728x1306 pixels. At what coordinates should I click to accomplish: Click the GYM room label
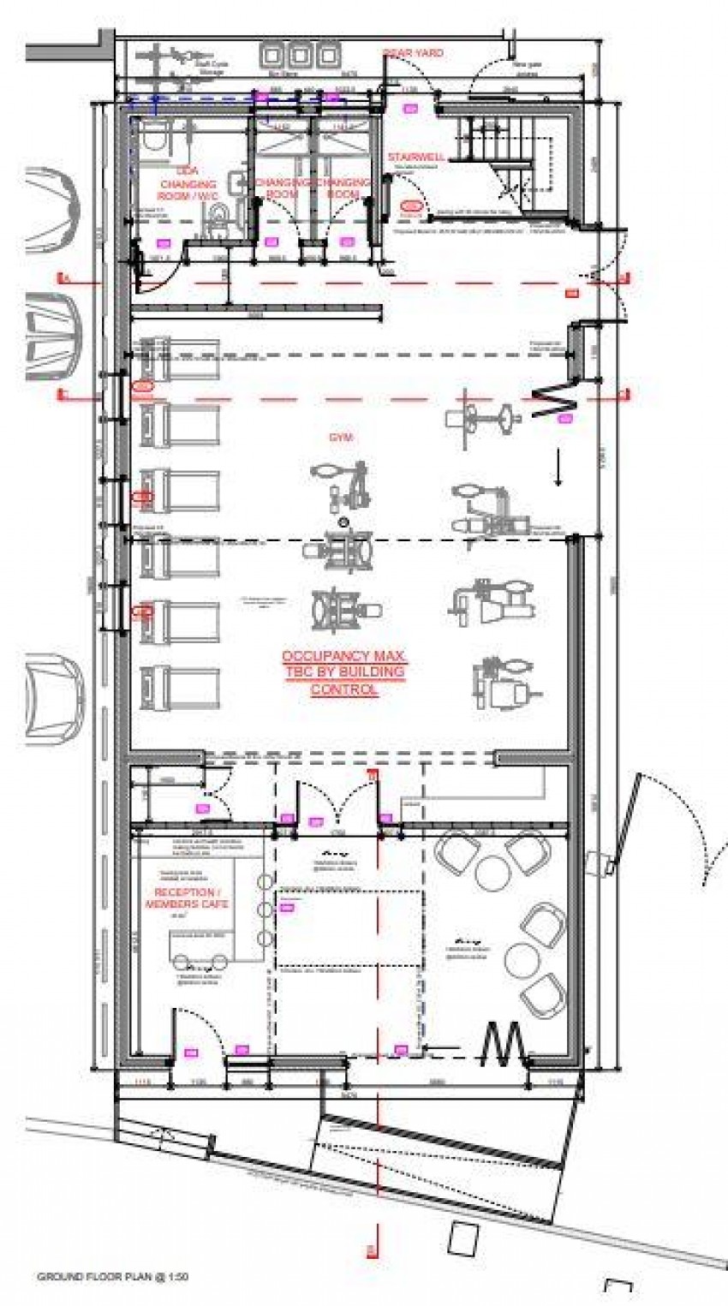[341, 437]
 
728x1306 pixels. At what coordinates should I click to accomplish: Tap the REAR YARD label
[413, 53]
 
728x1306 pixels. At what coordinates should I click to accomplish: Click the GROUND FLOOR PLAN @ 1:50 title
[112, 1276]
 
